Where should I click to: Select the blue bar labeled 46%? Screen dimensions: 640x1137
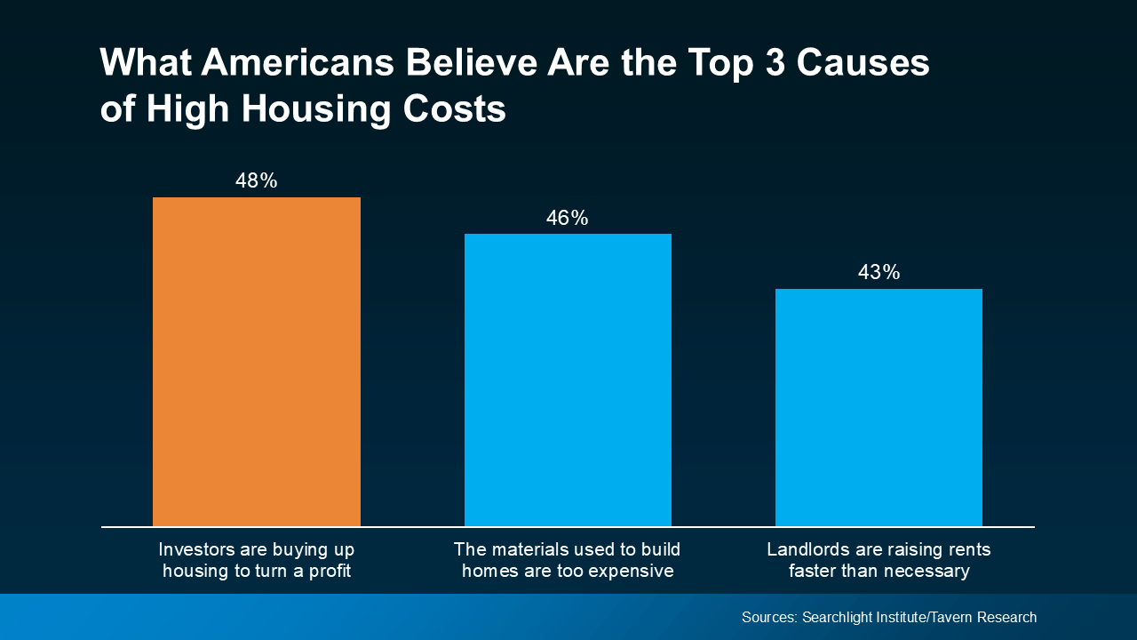coord(568,380)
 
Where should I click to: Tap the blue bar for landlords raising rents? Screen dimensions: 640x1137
coord(879,407)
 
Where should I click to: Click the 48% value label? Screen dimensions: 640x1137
coord(256,180)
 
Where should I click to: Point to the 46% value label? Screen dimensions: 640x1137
coord(567,218)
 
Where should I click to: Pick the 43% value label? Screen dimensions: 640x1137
coord(879,272)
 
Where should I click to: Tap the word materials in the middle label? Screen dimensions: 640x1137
coord(527,549)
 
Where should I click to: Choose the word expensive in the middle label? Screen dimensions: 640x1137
coord(633,572)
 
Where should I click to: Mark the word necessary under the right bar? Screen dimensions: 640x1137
coord(925,572)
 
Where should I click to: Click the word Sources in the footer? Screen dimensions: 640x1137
coord(769,617)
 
